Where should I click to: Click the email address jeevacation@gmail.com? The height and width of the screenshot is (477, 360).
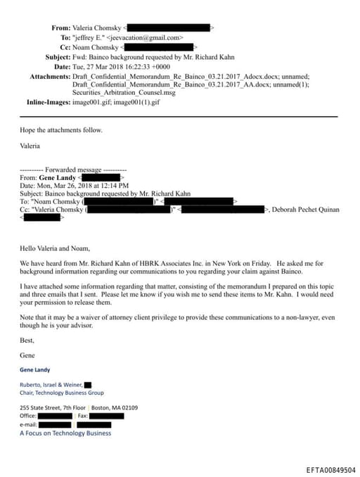pyautogui.click(x=148, y=37)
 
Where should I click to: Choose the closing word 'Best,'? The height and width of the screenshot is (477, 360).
pyautogui.click(x=27, y=339)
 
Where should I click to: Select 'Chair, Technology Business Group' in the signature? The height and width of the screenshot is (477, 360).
pyautogui.click(x=62, y=393)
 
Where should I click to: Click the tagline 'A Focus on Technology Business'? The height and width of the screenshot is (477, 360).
pyautogui.click(x=65, y=433)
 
